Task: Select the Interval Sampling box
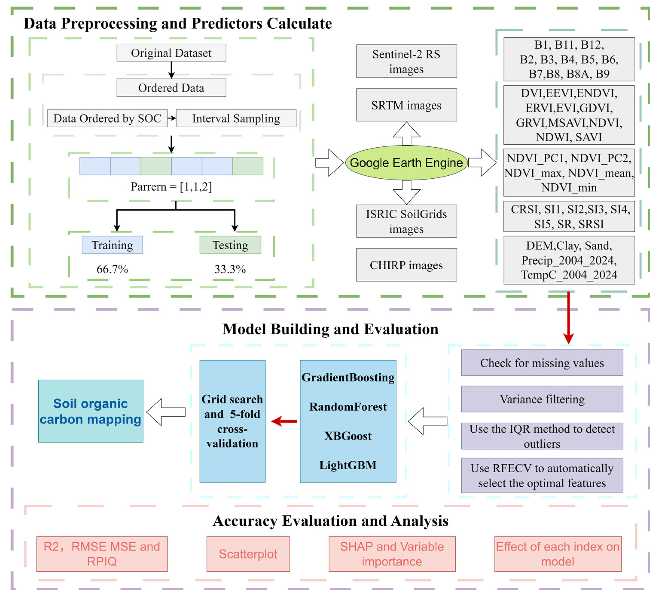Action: coord(236,118)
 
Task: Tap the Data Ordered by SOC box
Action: coord(107,118)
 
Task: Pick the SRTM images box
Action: coord(407,105)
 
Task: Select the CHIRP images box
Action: coord(407,265)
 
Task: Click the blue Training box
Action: coord(112,245)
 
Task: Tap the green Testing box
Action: coord(230,245)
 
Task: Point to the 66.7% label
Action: coord(112,269)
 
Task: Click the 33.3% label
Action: coord(230,269)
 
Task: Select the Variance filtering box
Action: coord(542,399)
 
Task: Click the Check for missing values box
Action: coord(542,363)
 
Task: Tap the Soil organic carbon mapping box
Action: coord(91,411)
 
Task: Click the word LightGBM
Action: coord(348,465)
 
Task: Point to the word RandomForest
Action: coord(348,407)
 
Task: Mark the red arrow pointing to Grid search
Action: coord(284,421)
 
